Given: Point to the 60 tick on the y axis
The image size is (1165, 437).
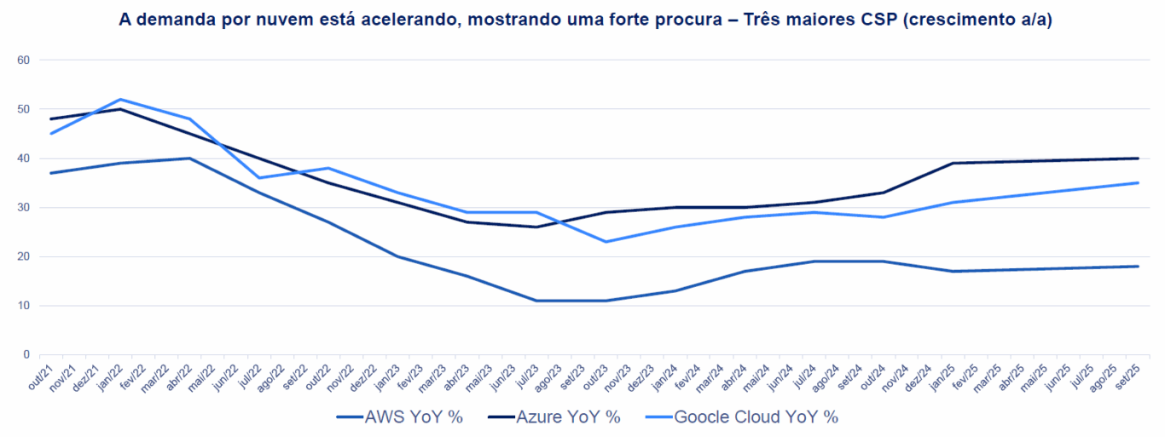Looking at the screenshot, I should tap(23, 60).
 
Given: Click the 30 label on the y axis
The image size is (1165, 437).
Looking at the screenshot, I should tap(23, 208).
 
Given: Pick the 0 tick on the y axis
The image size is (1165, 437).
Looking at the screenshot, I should tap(26, 354).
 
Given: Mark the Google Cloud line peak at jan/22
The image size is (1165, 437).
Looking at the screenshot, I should tap(119, 100).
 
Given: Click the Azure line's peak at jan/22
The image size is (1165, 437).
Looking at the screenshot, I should tap(119, 109).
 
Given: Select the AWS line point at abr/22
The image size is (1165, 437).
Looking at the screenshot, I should tap(188, 158).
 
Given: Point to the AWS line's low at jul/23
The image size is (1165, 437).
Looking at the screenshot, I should tap(536, 301).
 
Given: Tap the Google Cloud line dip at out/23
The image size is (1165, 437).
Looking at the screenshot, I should tap(606, 242).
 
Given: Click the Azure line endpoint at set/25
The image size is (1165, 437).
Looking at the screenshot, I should tap(1138, 158).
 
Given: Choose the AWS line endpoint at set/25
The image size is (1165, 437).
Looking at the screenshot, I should tap(1138, 267).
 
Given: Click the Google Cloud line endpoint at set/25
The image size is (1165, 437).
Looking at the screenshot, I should tap(1138, 183).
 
